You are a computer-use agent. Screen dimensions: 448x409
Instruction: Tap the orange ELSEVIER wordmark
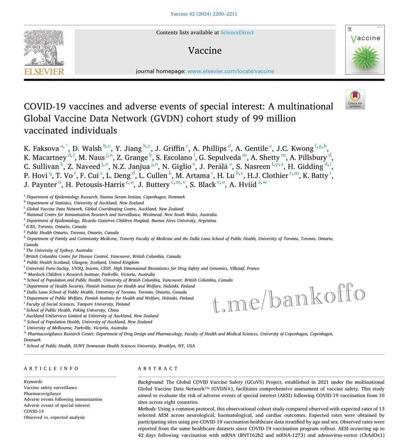(x=44, y=71)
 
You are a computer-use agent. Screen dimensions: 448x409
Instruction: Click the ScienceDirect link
(x=237, y=32)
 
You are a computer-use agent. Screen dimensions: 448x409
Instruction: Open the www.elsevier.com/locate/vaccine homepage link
(x=231, y=71)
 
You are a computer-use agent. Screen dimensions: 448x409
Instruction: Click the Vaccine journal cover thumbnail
(x=365, y=49)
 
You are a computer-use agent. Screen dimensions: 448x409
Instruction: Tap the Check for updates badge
(x=354, y=99)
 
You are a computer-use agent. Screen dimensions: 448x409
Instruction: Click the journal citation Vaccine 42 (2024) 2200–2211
(x=204, y=14)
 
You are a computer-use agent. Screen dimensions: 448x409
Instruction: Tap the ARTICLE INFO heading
(x=51, y=368)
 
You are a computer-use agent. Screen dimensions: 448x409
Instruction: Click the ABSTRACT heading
(x=158, y=368)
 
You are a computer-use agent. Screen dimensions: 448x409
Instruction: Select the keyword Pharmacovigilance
(x=43, y=393)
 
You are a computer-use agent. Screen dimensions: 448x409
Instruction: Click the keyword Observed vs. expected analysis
(x=54, y=417)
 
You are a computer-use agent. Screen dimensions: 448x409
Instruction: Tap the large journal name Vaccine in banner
(x=204, y=50)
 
